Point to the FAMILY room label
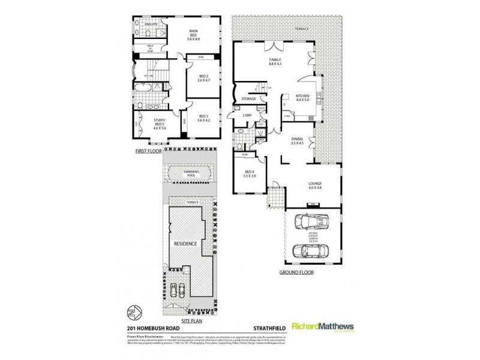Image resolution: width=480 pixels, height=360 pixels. coord(275,61)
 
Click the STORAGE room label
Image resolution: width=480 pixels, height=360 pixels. coord(249,98)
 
